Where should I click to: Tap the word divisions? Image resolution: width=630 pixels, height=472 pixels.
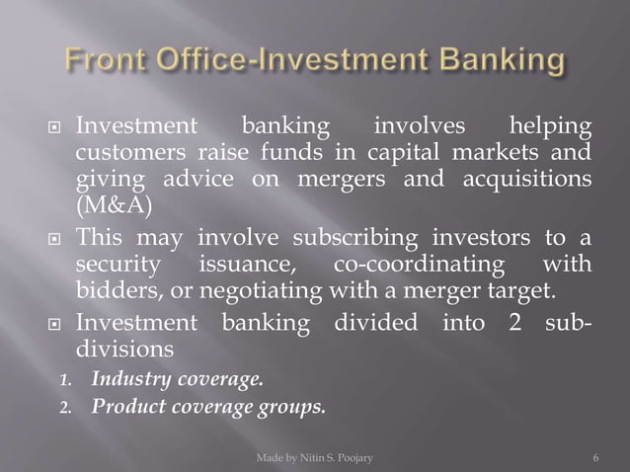point(124,349)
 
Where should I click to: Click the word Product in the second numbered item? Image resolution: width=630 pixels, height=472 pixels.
point(126,405)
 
